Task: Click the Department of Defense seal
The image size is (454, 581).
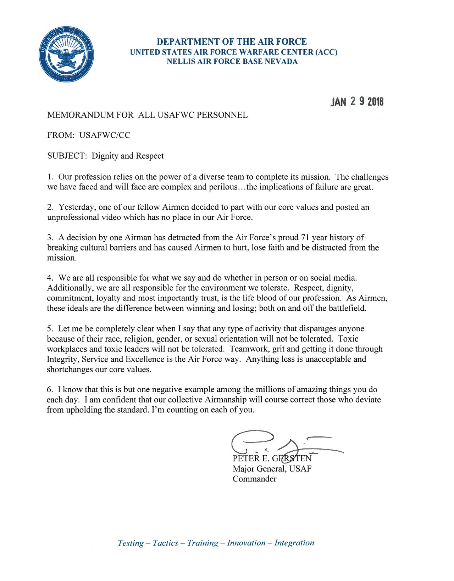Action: [66, 54]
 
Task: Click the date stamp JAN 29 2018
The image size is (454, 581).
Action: [357, 102]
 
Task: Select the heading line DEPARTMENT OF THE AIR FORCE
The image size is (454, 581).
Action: [232, 42]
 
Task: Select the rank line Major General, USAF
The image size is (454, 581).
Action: [272, 469]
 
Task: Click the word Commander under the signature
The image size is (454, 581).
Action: [254, 479]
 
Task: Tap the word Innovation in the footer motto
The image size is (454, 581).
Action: [246, 543]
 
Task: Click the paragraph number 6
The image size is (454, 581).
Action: [50, 390]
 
